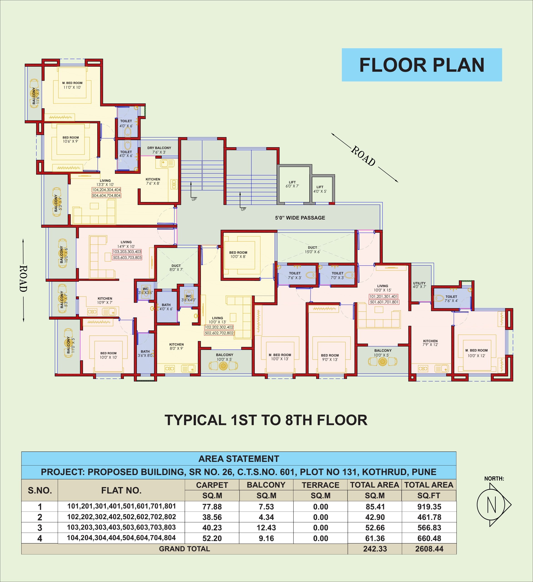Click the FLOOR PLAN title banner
(422, 65)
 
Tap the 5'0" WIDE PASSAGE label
(300, 218)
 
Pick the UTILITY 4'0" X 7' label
(419, 285)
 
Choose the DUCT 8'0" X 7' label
(176, 268)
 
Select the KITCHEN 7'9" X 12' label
(430, 343)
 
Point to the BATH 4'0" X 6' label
(166, 307)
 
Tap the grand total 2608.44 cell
(429, 549)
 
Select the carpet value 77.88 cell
(212, 507)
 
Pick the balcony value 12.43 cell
(266, 528)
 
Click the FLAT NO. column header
(121, 491)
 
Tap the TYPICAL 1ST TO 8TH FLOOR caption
(266, 420)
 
